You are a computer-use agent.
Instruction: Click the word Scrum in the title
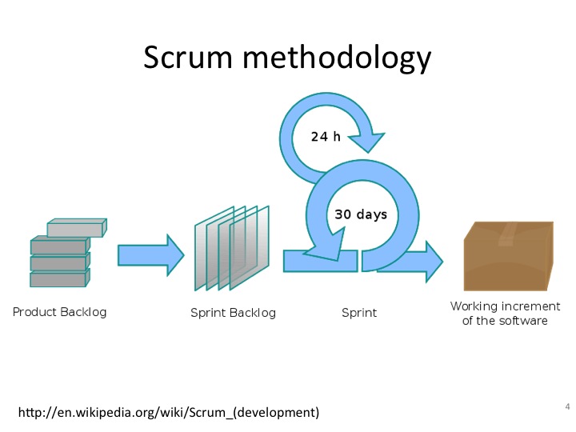pos(188,57)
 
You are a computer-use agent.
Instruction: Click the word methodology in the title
pos(337,58)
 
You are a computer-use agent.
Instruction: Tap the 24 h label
pos(326,136)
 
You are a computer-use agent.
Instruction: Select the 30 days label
pos(361,214)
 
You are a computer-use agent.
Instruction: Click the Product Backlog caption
pos(59,312)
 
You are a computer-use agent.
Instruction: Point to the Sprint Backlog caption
pos(233,313)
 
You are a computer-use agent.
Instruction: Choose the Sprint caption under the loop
pos(359,313)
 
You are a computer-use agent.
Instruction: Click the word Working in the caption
pos(474,306)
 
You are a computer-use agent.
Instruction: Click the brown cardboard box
pos(509,256)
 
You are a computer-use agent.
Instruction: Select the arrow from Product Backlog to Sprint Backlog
pos(150,255)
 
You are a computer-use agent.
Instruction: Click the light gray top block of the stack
pos(77,228)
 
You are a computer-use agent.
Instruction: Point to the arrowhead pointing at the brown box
pos(434,262)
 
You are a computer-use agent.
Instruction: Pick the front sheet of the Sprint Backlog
pos(250,247)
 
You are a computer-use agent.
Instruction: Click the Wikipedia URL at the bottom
pos(169,413)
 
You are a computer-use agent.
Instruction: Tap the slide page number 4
pos(567,406)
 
